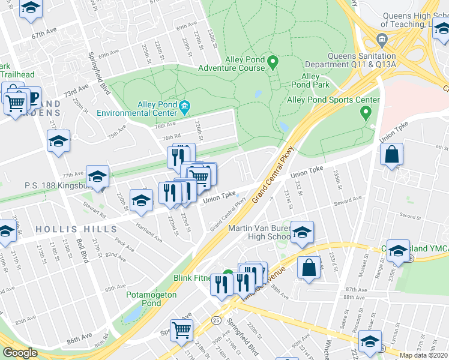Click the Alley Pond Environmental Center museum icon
[x=184, y=108]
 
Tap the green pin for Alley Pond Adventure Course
[x=272, y=61]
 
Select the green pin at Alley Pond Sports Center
[x=364, y=112]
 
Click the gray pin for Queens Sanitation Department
[x=382, y=40]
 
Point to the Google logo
[x=20, y=353]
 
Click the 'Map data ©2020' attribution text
[x=424, y=355]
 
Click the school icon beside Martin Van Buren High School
[x=302, y=231]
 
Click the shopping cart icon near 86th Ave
[x=182, y=329]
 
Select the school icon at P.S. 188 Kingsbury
[x=97, y=176]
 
